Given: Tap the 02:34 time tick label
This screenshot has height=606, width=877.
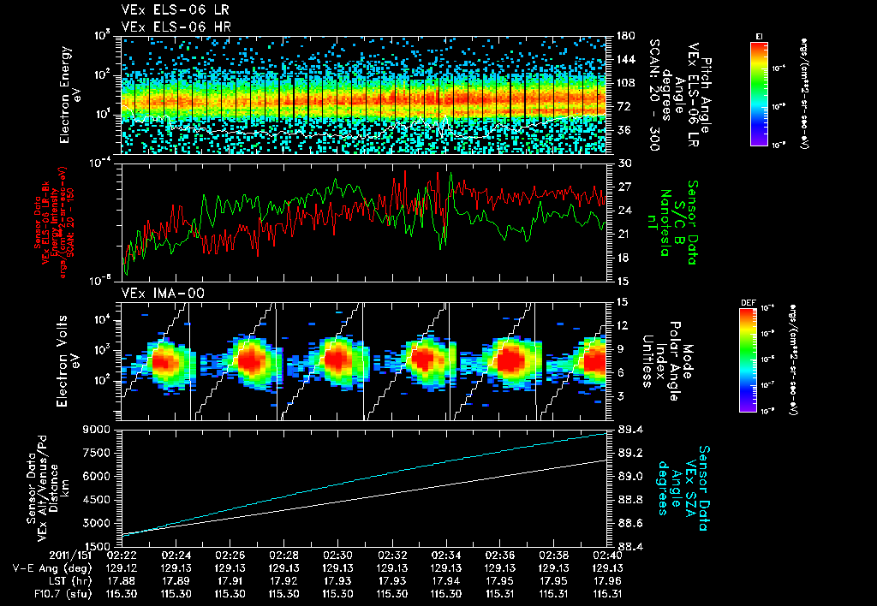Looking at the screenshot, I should [446, 554].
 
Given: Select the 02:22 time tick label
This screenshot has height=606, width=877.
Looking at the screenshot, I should [121, 554].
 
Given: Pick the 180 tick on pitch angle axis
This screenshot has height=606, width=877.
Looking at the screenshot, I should [626, 36].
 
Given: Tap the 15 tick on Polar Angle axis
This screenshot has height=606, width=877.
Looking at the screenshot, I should [623, 301].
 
